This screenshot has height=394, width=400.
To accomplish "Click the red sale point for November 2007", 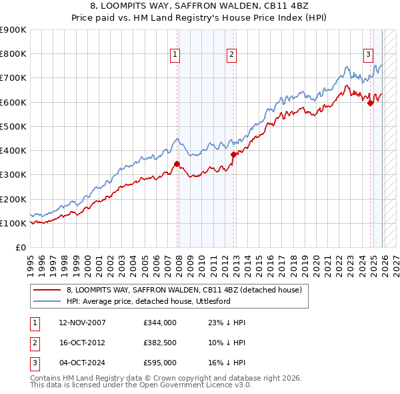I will (x=177, y=164).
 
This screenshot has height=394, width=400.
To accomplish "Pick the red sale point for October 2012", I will (x=233, y=154).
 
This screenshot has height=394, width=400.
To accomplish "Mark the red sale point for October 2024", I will (x=370, y=103).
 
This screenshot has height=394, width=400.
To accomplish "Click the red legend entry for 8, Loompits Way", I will (x=184, y=290).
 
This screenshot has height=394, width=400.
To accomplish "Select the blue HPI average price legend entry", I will (x=157, y=301).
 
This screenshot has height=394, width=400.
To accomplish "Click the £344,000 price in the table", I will (x=160, y=323).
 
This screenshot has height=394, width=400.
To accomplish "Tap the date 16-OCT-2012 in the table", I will (x=82, y=343).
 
